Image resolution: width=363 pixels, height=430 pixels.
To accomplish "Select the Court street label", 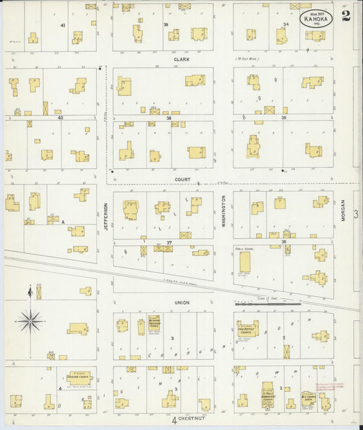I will pyautogui.click(x=182, y=180).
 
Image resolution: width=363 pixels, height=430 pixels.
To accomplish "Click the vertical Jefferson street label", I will pyautogui.click(x=106, y=216).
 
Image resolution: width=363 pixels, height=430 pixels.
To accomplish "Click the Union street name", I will pyautogui.click(x=182, y=302).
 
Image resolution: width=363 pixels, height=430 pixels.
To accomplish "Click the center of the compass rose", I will pyautogui.click(x=30, y=319).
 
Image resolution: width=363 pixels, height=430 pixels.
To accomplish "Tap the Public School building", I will pyautogui.click(x=244, y=262).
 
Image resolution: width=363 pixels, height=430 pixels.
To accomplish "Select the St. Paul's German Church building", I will pyautogui.click(x=268, y=399).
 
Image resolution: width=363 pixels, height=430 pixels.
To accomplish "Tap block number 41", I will pyautogui.click(x=63, y=25).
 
